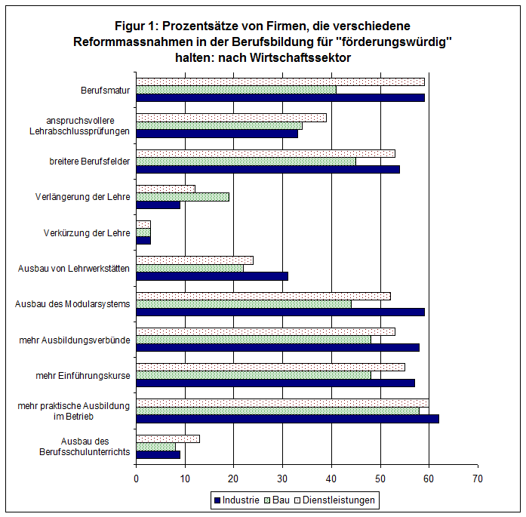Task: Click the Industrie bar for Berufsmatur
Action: coord(281,97)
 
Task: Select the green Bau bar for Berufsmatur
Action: coord(236,90)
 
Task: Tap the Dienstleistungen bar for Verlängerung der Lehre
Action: coord(166,189)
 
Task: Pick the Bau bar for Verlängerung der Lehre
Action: coord(183,197)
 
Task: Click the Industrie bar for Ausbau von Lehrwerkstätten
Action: coord(212,276)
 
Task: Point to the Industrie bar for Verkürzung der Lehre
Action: coord(143,241)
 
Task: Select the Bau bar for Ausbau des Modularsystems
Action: coord(244,304)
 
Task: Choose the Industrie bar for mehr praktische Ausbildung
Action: coord(288,419)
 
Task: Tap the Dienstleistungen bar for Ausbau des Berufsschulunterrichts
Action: coord(168,439)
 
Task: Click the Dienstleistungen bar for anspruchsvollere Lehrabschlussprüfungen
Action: coord(231,118)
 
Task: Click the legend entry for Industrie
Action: coord(237,500)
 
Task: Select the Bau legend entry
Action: coord(277,500)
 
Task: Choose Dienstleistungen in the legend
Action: coord(335,500)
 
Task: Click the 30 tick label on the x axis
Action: coord(282,479)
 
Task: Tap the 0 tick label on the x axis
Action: coord(136,479)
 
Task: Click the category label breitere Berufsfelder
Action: coord(90,162)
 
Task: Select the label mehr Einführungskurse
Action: coord(83,375)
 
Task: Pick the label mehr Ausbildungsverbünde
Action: coord(75,340)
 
